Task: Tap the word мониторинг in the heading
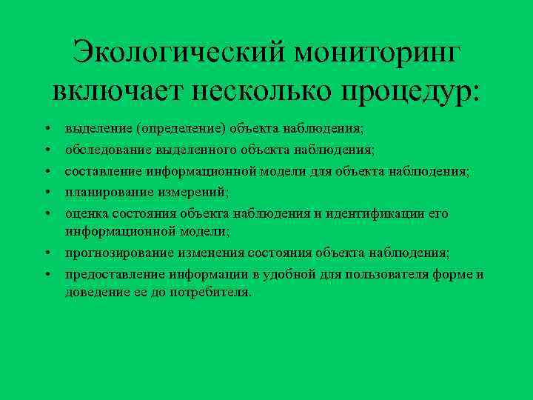coord(378,54)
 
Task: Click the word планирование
coord(108,193)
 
